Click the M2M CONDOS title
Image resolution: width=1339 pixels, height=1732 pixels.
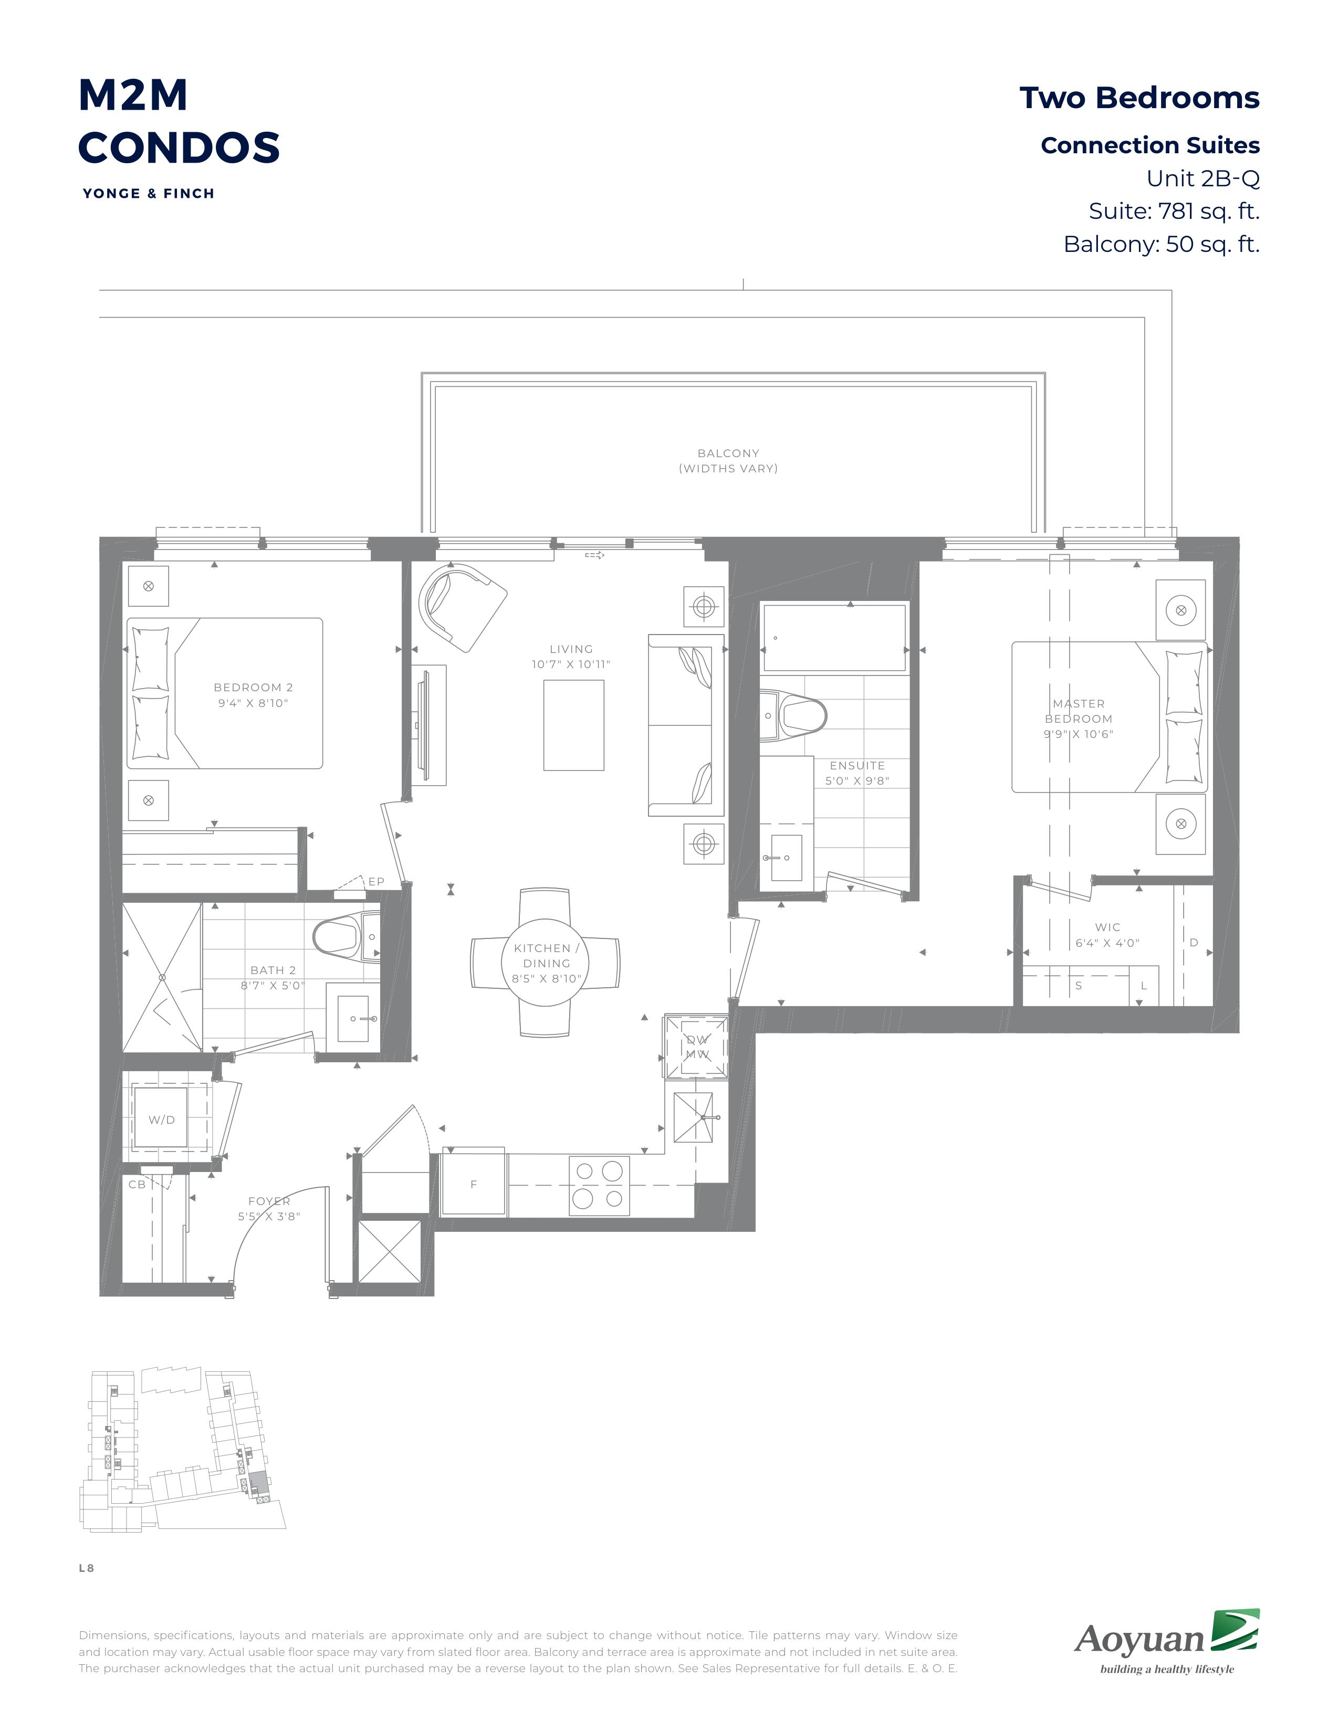click(179, 121)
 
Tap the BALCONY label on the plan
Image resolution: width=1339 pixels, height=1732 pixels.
click(728, 453)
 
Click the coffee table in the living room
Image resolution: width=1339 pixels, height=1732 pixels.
click(573, 725)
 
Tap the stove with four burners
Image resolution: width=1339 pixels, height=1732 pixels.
click(599, 1186)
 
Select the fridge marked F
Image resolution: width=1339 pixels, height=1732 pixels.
click(474, 1184)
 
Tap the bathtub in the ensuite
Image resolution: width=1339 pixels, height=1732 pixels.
click(834, 638)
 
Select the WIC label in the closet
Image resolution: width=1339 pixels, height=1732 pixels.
click(1107, 927)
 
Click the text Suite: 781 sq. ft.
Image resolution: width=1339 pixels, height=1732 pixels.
click(1174, 211)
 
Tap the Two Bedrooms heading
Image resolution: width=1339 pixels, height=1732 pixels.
click(1139, 98)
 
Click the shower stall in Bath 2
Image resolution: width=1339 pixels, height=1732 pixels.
click(162, 978)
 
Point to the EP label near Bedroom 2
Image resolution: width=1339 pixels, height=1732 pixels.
click(376, 881)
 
